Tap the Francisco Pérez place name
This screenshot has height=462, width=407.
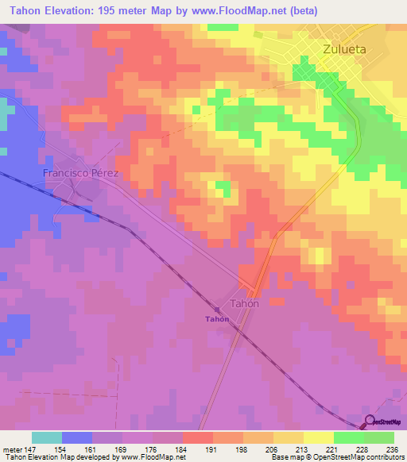point(80,172)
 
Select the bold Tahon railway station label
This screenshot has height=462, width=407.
point(217,319)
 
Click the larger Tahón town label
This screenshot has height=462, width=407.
point(245,303)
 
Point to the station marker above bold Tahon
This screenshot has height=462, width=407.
point(217,309)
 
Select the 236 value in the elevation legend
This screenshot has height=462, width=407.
point(393,449)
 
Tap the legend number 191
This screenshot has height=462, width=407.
point(212,449)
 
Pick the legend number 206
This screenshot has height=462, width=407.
point(273,449)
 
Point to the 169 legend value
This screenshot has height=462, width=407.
point(122,449)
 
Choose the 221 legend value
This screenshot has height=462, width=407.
point(332,449)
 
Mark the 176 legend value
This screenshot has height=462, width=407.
point(152,449)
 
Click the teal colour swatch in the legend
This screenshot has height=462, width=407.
point(47,437)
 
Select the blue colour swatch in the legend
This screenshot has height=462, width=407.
point(77,437)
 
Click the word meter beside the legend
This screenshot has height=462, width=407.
point(12,449)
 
